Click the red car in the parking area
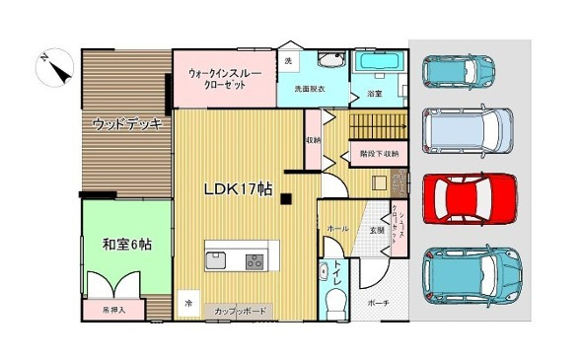(469, 197)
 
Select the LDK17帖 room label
(238, 188)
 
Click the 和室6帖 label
(126, 244)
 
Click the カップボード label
(241, 312)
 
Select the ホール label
(337, 229)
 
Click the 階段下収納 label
(379, 153)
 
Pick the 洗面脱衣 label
(310, 90)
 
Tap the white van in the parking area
(469, 131)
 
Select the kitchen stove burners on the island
(254, 261)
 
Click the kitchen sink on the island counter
(215, 261)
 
